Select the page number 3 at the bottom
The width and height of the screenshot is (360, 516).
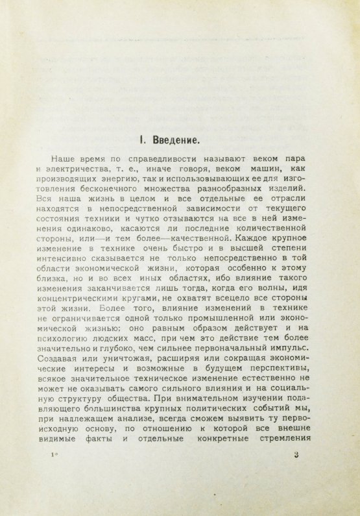tap(295, 455)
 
